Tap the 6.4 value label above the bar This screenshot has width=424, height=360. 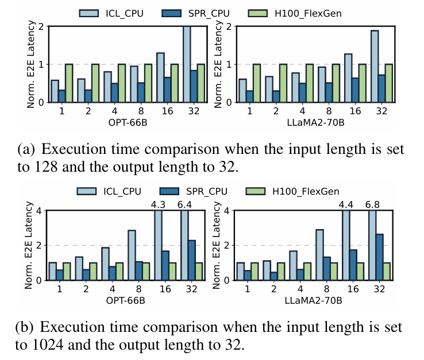click(x=186, y=204)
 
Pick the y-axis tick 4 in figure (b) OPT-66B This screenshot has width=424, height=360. click(x=39, y=211)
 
